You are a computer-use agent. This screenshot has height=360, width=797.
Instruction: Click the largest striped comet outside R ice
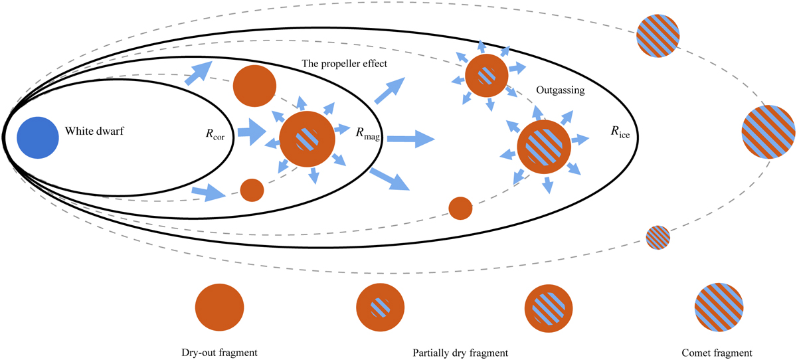click(x=768, y=131)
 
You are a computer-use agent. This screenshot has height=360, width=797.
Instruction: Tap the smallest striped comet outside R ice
click(x=658, y=236)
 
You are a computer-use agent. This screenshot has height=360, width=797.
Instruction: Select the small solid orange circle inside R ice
click(x=460, y=208)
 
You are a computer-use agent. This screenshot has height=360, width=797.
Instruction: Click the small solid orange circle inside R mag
click(x=252, y=190)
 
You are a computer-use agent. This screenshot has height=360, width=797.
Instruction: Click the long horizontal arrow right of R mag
click(x=410, y=139)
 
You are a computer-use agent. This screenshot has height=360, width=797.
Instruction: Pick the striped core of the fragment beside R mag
click(x=306, y=139)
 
